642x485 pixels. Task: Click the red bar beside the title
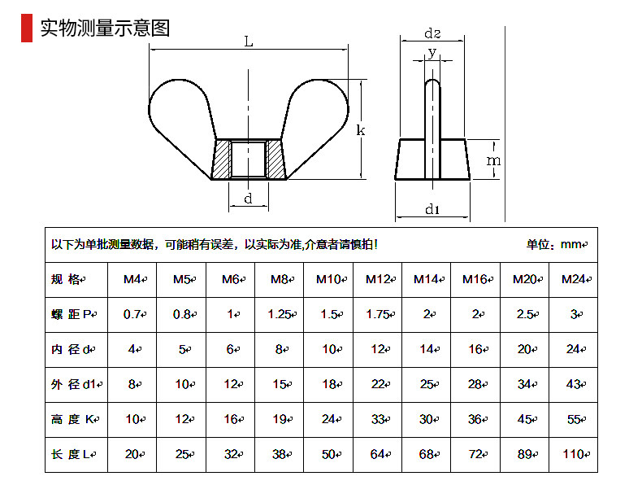(x=27, y=28)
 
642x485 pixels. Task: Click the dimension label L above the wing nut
(x=248, y=42)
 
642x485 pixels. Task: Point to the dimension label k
(x=361, y=129)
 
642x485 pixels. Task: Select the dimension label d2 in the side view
(x=432, y=33)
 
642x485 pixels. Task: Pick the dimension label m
(x=493, y=160)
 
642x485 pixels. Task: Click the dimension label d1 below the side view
(x=432, y=209)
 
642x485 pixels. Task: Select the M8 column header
(x=280, y=279)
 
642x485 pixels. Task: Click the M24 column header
(x=573, y=279)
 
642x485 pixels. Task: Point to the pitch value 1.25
(x=280, y=314)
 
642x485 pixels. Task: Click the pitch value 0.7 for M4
(x=133, y=314)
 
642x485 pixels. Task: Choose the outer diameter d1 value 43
(x=573, y=384)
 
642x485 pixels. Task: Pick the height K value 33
(x=378, y=419)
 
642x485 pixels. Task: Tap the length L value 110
(x=573, y=454)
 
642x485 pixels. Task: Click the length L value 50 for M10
(x=329, y=454)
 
